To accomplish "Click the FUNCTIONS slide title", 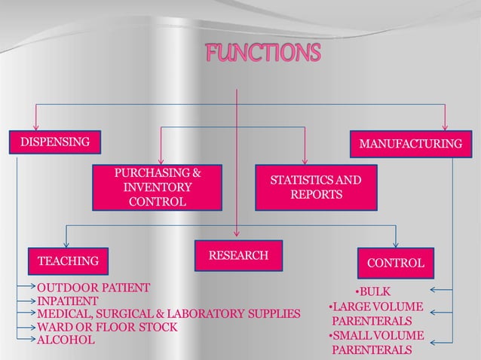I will (263, 53).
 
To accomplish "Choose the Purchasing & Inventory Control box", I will (158, 187).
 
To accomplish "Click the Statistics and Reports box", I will (316, 188).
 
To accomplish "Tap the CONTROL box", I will (396, 263).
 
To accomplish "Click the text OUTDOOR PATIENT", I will (93, 288).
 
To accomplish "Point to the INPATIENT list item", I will (69, 301).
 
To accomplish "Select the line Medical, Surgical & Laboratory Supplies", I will (169, 313).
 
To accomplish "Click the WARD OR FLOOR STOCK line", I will (108, 327).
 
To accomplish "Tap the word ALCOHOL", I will (66, 340).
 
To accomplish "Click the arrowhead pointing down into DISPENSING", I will (35, 127).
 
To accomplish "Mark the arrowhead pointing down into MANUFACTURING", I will (445, 127).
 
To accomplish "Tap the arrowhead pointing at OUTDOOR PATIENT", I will (32, 288).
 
